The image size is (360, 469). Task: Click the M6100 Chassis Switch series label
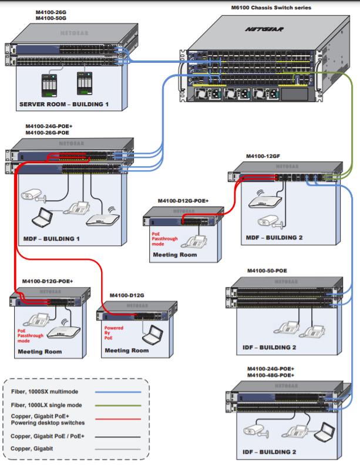click(271, 8)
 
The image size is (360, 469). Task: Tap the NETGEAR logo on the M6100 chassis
click(264, 29)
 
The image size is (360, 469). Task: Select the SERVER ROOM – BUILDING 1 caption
click(64, 104)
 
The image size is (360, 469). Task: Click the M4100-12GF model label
click(263, 156)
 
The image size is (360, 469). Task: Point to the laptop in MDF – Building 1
click(42, 217)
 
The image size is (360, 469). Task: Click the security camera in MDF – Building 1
click(33, 195)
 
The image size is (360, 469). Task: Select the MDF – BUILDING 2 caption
click(274, 238)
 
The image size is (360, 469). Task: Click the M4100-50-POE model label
click(267, 271)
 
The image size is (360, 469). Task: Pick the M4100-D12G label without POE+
click(127, 295)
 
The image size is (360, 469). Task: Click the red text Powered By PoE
click(113, 333)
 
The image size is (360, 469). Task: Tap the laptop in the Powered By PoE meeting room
click(153, 335)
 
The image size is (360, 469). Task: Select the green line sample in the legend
click(118, 406)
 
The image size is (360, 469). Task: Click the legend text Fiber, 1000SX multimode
click(45, 392)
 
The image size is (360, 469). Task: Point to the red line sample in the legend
click(118, 419)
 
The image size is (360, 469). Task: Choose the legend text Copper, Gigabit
click(32, 448)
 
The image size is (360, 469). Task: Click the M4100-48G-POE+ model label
click(271, 376)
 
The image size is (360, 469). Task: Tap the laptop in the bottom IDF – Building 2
click(324, 432)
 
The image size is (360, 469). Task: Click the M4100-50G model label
click(51, 18)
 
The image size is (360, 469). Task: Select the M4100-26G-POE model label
click(48, 133)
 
